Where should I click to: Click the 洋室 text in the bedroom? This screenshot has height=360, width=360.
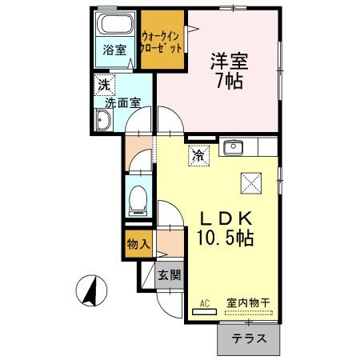pyautogui.click(x=227, y=58)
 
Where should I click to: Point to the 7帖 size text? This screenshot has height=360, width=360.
pyautogui.click(x=227, y=80)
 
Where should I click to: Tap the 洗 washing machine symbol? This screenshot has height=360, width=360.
pyautogui.click(x=104, y=83)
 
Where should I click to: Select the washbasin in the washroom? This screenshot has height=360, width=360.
pyautogui.click(x=103, y=121)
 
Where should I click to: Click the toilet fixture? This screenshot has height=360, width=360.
pyautogui.click(x=138, y=197)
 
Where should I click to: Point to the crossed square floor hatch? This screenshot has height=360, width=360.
pyautogui.click(x=250, y=183)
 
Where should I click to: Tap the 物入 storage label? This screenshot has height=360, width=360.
pyautogui.click(x=139, y=242)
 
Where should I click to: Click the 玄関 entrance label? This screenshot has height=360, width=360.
pyautogui.click(x=169, y=276)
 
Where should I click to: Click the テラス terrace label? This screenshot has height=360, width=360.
pyautogui.click(x=249, y=339)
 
